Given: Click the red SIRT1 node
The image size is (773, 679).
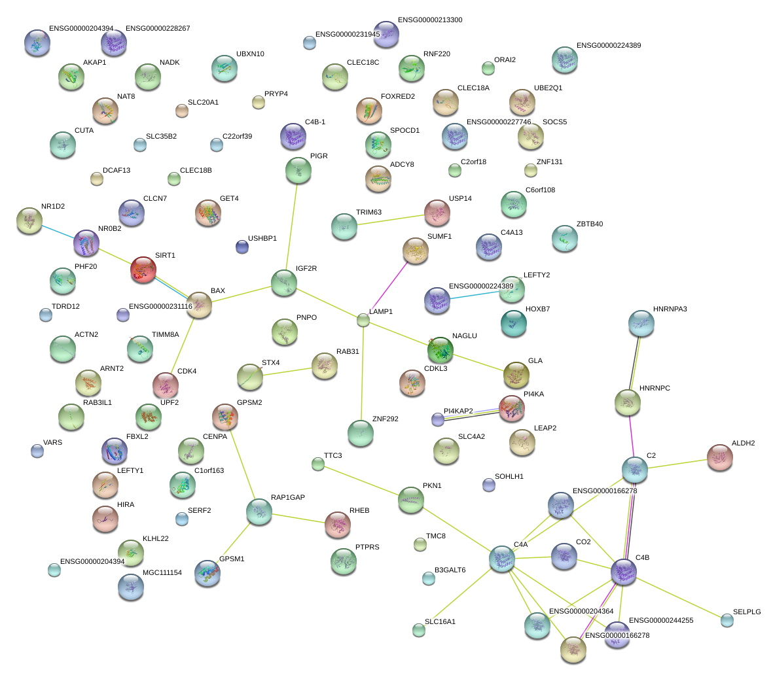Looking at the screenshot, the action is (143, 270).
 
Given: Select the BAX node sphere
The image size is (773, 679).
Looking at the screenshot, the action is (199, 305).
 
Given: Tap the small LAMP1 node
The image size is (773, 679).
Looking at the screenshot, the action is (363, 321).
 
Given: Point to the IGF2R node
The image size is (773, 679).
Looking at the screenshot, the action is (285, 283).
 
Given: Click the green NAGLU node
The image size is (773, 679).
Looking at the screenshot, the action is (440, 350).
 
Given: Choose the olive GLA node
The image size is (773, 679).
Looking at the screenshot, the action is (516, 375).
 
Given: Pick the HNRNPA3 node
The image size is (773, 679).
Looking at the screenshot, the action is (641, 323).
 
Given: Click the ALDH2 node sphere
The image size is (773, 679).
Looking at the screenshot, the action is (720, 457).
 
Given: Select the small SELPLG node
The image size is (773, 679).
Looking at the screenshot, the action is (727, 620).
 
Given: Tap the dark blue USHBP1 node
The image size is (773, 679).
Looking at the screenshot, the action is (242, 247).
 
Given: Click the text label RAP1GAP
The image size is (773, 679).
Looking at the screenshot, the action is (288, 497).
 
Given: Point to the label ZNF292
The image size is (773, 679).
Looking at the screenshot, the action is (386, 419).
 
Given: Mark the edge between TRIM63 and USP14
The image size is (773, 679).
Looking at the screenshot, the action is (391, 219).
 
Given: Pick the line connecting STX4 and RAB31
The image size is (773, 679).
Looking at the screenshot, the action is (287, 372).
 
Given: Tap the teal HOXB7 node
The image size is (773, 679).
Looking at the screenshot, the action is (514, 323).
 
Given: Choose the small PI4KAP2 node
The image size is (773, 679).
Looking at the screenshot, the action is (438, 419).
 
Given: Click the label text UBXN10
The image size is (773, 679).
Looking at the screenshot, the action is (250, 54).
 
